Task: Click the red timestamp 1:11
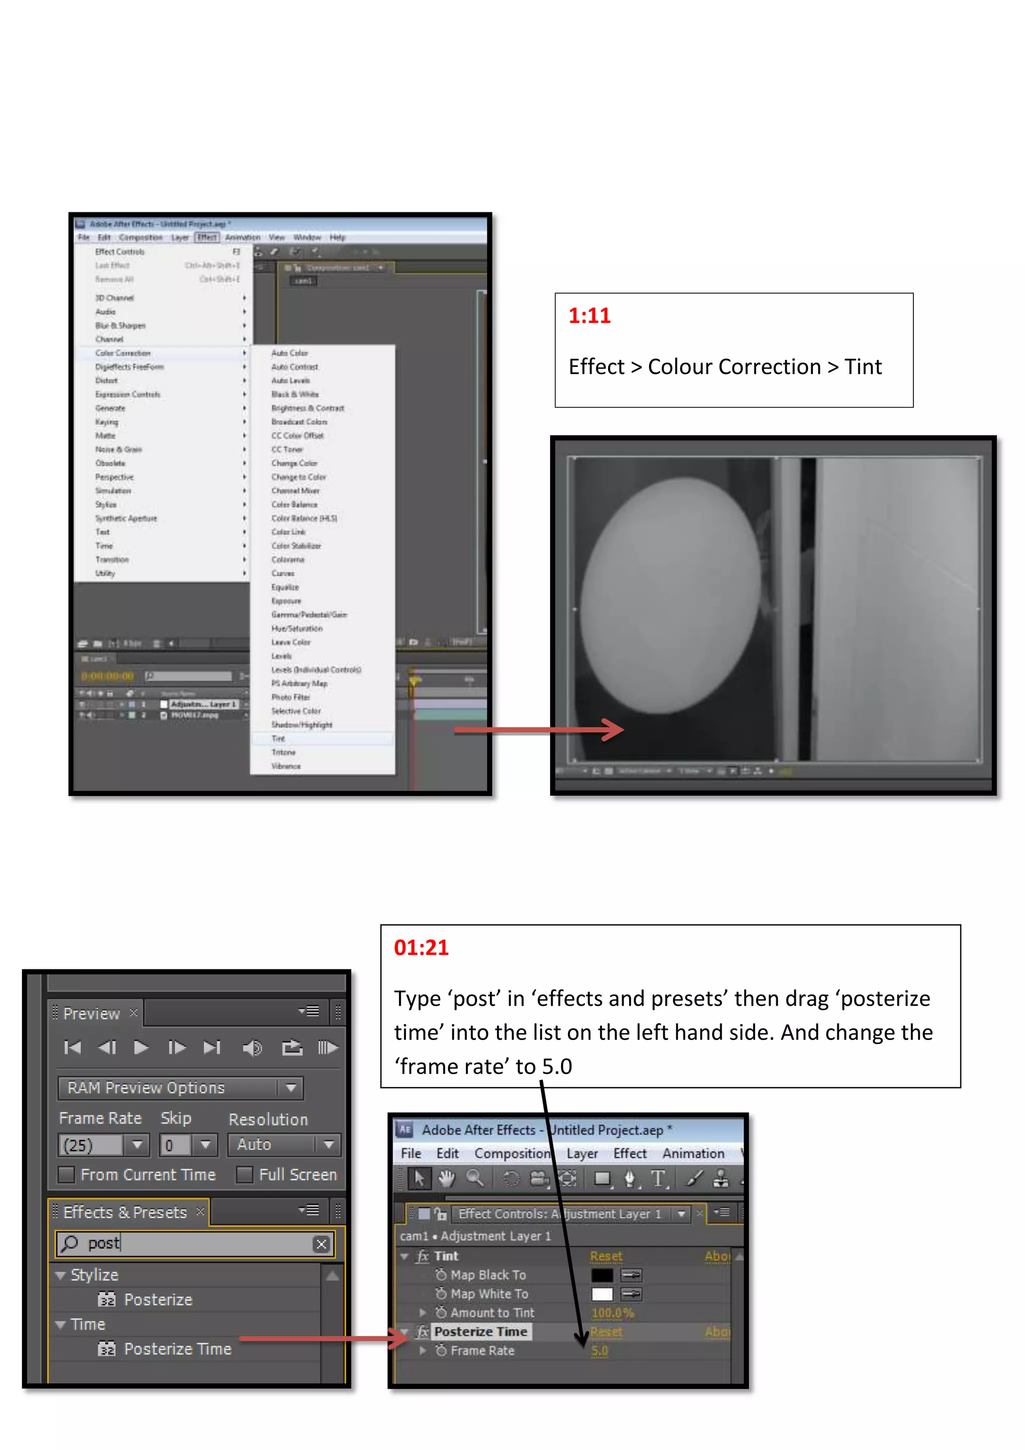590,316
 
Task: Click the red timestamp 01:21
421,947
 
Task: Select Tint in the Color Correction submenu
278,738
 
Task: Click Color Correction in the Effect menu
123,353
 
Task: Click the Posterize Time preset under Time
177,1348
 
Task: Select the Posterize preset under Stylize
158,1299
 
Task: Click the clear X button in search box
321,1244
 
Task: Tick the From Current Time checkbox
66,1175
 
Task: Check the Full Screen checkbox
245,1175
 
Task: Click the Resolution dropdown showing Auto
283,1145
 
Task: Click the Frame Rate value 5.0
600,1350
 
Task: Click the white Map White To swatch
602,1293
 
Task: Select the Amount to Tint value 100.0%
612,1312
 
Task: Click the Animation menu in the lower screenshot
693,1153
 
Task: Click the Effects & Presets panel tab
125,1212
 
